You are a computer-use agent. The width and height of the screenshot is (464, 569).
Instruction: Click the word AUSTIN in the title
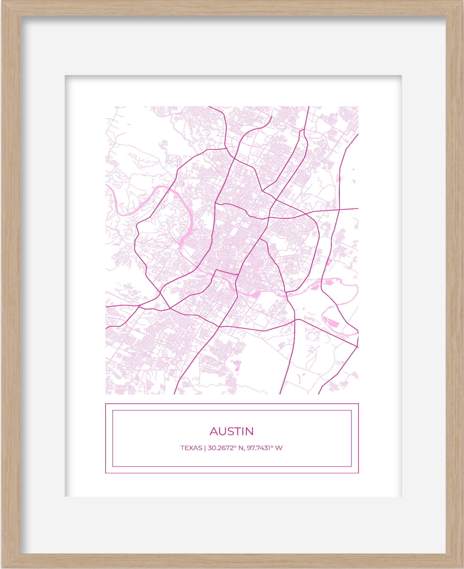231,431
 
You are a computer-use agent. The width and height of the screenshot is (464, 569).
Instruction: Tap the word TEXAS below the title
191,448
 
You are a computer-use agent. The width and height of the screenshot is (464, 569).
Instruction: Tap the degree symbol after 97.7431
270,447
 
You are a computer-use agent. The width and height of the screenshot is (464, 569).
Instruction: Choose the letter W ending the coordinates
279,448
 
